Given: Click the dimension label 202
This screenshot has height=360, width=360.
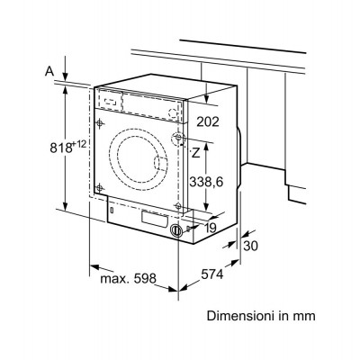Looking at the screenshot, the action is coord(208,121).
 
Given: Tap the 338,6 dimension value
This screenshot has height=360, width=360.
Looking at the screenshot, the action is coord(206,182).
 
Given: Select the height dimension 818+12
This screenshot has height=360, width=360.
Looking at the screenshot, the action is coord(68,148).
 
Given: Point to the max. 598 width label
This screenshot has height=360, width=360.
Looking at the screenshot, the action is coord(129,279).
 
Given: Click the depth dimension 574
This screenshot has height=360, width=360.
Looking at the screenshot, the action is coord(212,274).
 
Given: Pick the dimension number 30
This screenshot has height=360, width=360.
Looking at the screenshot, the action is coord(250,247).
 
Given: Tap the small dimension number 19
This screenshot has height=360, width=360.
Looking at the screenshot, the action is coord(211,228).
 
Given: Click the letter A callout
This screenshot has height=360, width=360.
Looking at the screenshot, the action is coord(49,71).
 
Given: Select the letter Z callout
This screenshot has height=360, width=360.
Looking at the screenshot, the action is coord(195,153).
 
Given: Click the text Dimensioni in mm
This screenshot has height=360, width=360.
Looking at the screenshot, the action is coord(261,316).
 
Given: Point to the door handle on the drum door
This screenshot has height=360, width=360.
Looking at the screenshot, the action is coord(160,165).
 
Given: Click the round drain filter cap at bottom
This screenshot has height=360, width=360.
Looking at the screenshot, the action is coord(175,230).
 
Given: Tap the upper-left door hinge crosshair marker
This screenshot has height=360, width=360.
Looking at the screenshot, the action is coord(100,123).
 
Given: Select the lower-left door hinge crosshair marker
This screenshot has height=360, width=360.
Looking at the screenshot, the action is coord(100,188).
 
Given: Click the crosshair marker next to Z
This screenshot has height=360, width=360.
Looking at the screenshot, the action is coord(178,138).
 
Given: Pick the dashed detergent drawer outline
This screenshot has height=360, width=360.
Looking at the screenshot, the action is coord(111,101).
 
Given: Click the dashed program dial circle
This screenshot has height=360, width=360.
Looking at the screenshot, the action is coord(173,113).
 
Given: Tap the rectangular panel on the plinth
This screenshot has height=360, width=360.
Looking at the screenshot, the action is coord(154,219).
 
